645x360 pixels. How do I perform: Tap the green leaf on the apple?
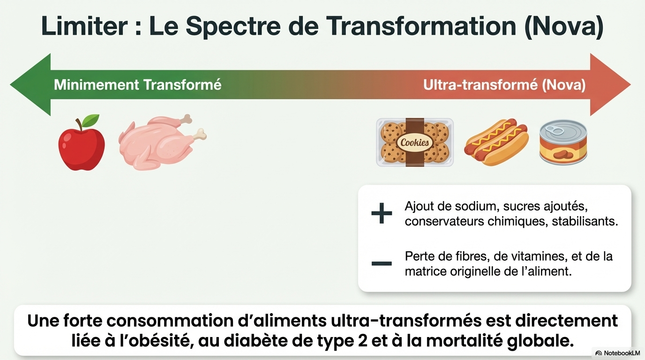pyautogui.click(x=90, y=120)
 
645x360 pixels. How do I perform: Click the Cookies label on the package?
pyautogui.click(x=414, y=142)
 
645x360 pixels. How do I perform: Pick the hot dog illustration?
pyautogui.click(x=496, y=142)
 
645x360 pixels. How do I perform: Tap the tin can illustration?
pyautogui.click(x=563, y=142)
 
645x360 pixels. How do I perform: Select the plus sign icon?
pyautogui.click(x=382, y=213)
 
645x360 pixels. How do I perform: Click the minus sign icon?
pyautogui.click(x=382, y=263)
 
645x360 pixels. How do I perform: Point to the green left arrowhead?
pyautogui.click(x=30, y=85)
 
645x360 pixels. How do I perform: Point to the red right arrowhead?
pyautogui.click(x=610, y=85)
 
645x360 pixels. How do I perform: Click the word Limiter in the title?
pyautogui.click(x=84, y=26)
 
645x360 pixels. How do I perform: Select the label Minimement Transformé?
pyautogui.click(x=138, y=85)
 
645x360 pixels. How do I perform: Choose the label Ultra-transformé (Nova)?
pyautogui.click(x=504, y=85)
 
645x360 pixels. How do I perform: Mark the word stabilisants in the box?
pyautogui.click(x=585, y=221)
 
